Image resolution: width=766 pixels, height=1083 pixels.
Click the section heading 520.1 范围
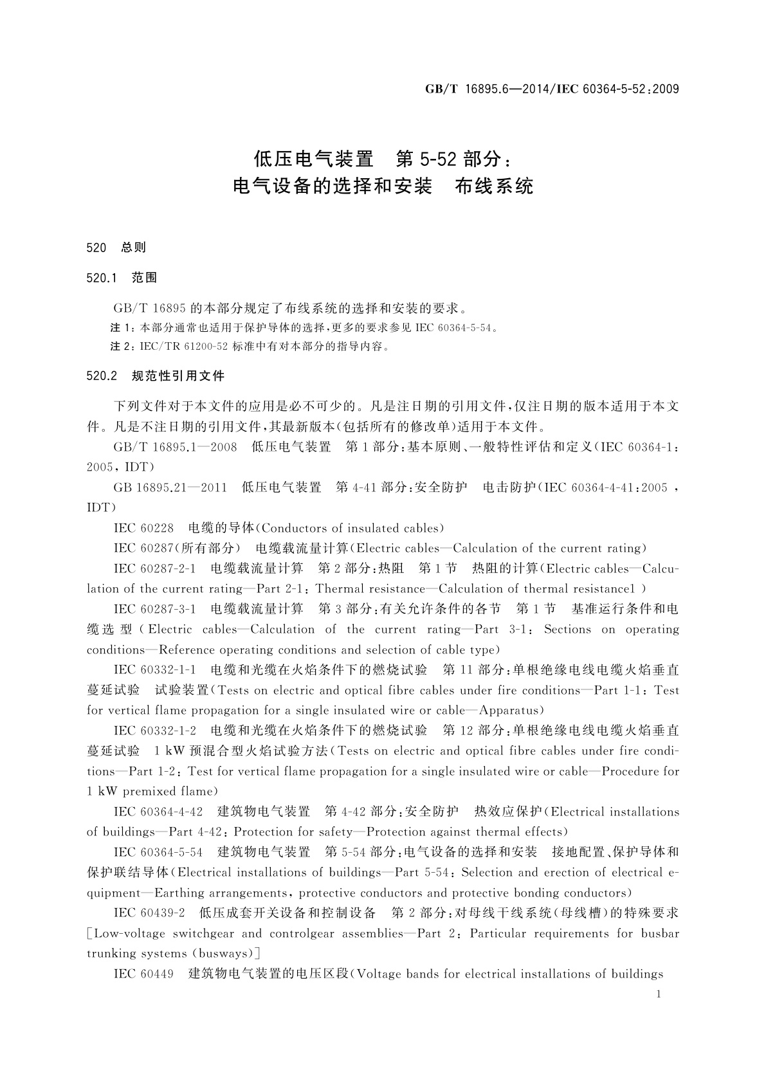[122, 278]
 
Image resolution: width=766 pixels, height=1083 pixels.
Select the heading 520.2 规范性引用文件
[155, 376]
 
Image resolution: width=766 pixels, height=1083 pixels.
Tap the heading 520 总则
[116, 247]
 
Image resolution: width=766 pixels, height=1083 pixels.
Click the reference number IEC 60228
[143, 529]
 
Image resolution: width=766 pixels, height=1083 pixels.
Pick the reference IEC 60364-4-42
[158, 812]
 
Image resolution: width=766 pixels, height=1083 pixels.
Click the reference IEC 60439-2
[149, 913]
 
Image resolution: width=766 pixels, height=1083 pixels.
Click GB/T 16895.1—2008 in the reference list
[175, 447]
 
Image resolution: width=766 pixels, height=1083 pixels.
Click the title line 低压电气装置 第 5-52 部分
[383, 158]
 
